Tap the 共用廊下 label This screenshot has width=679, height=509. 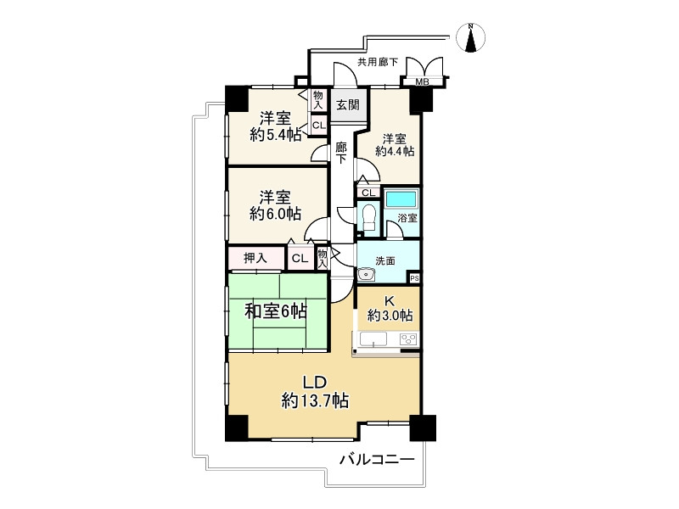(x=377, y=61)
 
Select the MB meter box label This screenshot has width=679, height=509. (x=421, y=82)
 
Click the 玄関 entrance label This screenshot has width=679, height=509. (x=347, y=105)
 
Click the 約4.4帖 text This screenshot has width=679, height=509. (x=395, y=151)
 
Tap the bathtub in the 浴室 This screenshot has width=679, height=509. (x=401, y=201)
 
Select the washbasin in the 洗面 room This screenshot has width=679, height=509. (x=366, y=274)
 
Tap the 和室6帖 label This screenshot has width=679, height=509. (x=276, y=312)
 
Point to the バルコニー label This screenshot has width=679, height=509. (x=376, y=461)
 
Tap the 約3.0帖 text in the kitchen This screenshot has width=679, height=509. (x=390, y=316)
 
